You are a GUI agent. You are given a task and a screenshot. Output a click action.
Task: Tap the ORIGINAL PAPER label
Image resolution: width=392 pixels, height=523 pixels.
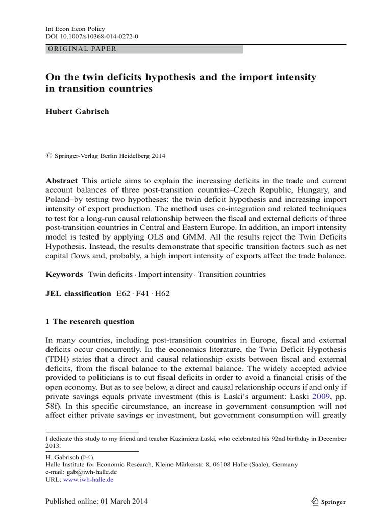click(x=82, y=49)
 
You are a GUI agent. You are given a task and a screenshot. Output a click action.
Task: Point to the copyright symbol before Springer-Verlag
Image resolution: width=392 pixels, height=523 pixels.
click(x=50, y=156)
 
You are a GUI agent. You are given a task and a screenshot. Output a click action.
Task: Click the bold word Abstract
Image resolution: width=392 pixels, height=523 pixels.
click(x=62, y=181)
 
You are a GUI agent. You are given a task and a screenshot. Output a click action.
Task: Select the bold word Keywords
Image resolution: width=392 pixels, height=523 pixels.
click(x=64, y=274)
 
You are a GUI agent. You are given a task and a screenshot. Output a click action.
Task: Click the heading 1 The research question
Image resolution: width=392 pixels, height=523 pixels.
click(x=90, y=322)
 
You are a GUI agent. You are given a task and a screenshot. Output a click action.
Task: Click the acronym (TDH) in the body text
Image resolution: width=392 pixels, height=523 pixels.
click(x=57, y=359)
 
